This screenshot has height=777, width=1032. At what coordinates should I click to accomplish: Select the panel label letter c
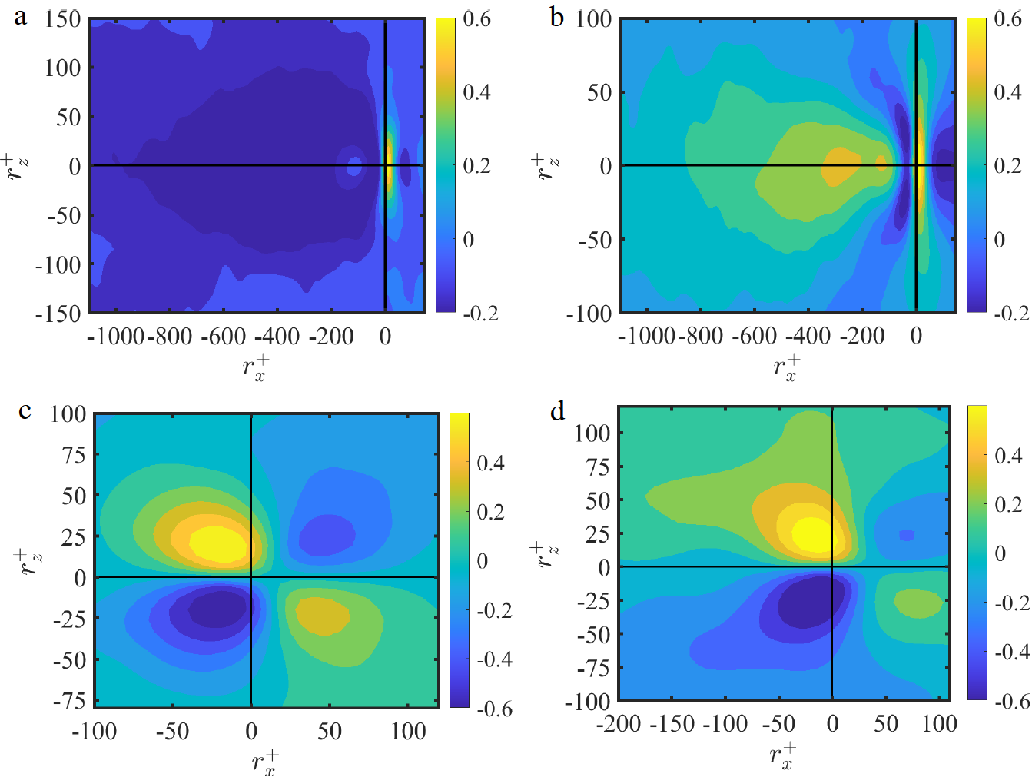coord(25,412)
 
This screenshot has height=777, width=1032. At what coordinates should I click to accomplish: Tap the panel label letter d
coord(557,412)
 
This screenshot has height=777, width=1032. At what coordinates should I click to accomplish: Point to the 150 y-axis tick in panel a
coord(62,19)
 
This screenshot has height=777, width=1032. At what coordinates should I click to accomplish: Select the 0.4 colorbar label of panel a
coord(476,92)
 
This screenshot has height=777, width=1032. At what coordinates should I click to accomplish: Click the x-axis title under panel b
coord(787,367)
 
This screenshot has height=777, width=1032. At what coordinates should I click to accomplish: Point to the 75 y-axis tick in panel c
coord(73,455)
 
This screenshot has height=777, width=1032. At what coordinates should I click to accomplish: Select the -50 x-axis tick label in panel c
coord(172,731)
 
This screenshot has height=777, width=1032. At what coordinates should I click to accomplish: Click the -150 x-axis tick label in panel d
coord(672,724)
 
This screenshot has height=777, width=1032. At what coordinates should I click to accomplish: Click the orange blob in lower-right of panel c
coord(322,616)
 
